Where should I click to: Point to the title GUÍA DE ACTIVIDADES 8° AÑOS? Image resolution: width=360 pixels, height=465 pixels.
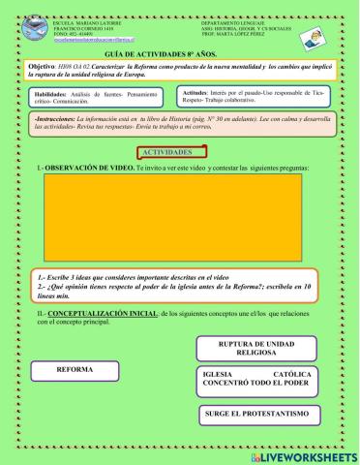coord(179,57)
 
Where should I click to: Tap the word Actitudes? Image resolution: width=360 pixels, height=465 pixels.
coord(198,91)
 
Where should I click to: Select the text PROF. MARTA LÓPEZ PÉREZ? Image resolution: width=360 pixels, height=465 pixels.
coord(232,37)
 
